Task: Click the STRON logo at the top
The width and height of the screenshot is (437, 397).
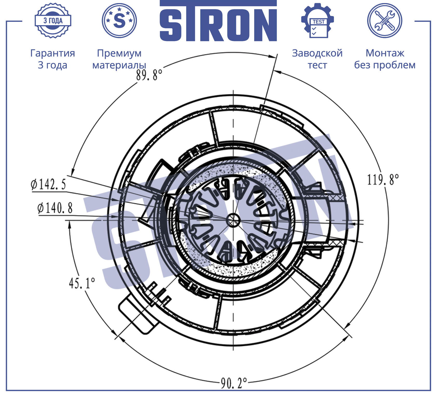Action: (218, 21)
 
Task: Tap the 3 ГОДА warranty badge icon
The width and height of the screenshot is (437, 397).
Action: (53, 20)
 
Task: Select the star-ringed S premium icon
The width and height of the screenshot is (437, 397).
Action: (119, 20)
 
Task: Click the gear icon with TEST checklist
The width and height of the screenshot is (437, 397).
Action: (318, 20)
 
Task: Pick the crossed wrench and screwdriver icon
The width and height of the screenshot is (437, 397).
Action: (385, 20)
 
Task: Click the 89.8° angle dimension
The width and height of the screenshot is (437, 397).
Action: (149, 75)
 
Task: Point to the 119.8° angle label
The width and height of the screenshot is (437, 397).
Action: (383, 180)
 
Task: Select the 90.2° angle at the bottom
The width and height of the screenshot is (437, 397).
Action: (234, 383)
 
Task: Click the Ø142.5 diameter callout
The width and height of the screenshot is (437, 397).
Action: (48, 184)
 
